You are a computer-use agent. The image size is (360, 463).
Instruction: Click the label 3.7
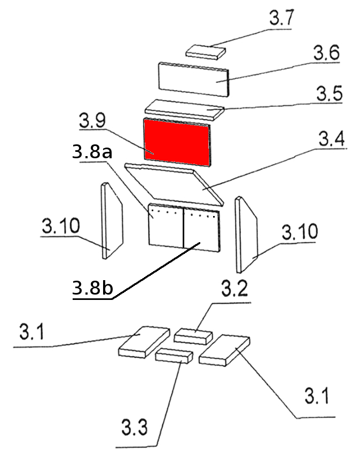tap(280, 19)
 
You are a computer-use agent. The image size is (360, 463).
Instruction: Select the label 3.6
tap(326, 53)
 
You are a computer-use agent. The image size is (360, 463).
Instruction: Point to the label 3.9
tap(91, 121)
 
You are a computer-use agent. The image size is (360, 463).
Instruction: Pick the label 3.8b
tap(92, 289)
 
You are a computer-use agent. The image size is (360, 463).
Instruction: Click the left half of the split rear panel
tap(165, 227)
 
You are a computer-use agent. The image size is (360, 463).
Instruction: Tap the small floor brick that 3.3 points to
tap(174, 356)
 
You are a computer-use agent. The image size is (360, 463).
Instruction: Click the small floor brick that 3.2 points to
tap(193, 336)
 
